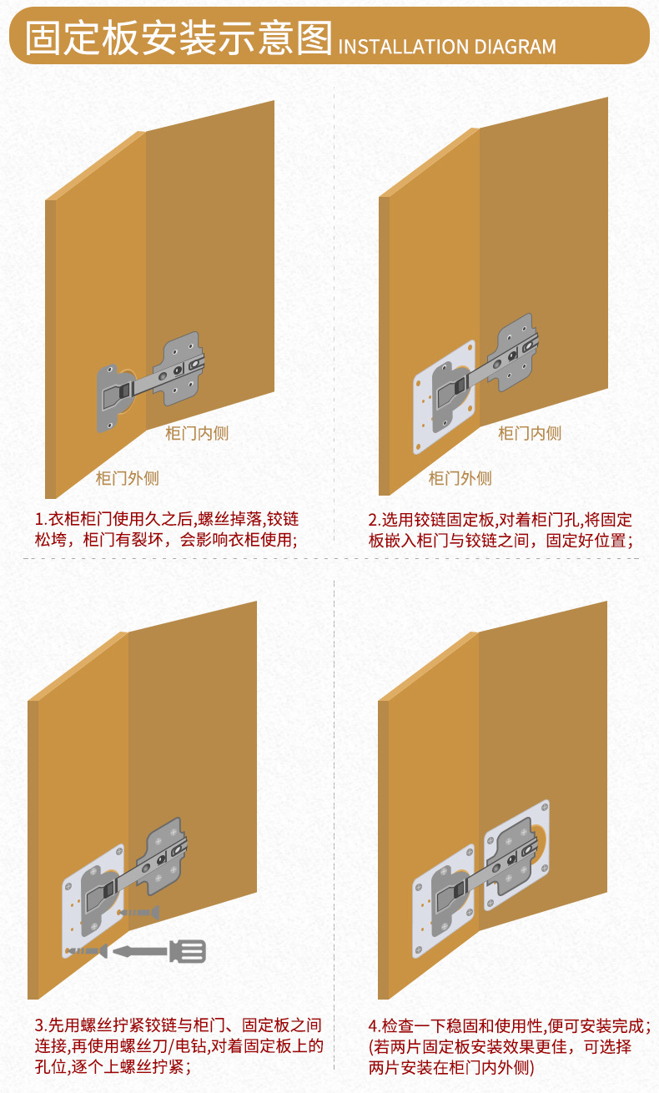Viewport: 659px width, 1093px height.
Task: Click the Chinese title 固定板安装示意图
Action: (x=179, y=39)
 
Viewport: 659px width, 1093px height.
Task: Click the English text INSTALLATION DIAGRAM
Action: (x=447, y=48)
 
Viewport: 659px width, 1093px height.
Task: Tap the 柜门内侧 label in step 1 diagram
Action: (x=197, y=433)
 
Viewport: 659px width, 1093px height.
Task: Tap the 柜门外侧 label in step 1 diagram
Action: (x=127, y=478)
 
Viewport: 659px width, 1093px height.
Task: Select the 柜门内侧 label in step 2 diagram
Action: (x=530, y=433)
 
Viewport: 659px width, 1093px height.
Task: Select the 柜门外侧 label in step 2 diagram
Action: (x=460, y=478)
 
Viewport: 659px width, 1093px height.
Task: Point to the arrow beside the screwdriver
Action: (x=138, y=950)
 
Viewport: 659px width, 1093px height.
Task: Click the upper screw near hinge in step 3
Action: (x=138, y=914)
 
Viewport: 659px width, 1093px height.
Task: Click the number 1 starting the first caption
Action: (x=39, y=519)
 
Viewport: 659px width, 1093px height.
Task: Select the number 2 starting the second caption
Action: (x=373, y=519)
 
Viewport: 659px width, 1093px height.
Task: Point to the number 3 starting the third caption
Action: (x=39, y=1025)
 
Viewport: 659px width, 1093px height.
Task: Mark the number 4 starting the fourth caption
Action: (x=373, y=1025)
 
